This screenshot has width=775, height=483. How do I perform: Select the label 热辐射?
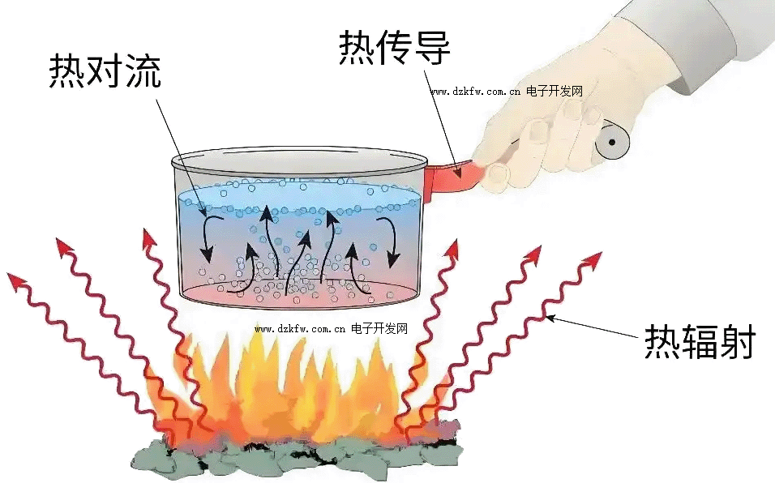699,343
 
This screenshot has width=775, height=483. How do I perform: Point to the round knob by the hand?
614,144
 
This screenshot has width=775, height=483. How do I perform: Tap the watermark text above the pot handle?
506,92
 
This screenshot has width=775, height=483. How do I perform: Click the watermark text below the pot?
331,329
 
